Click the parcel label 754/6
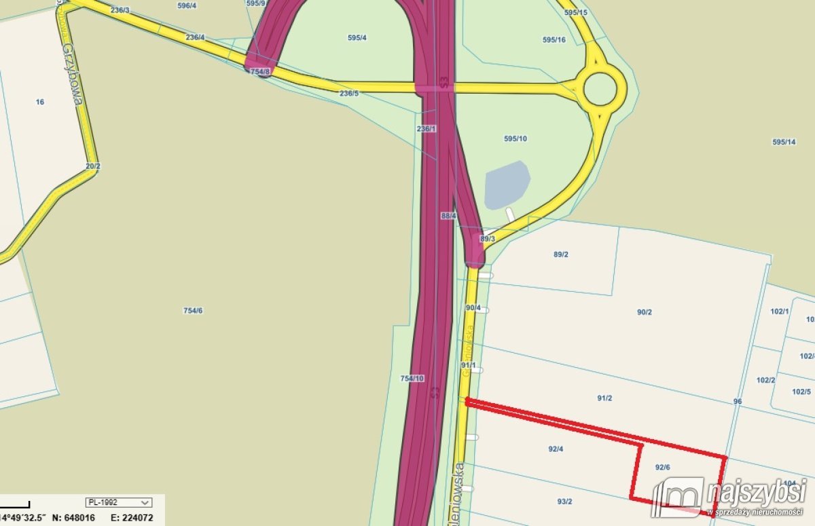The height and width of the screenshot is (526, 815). click(193, 311)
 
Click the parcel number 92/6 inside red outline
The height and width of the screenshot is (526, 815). click(663, 467)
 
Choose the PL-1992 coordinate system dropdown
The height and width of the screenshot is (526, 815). click(118, 502)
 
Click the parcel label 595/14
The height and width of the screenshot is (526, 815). click(784, 142)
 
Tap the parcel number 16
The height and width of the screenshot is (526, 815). click(40, 102)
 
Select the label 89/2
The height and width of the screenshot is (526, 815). click(561, 255)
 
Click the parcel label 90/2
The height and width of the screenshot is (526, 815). click(645, 312)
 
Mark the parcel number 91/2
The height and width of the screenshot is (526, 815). click(604, 398)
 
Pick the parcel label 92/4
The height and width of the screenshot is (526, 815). click(556, 449)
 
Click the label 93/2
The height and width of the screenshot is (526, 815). click(564, 502)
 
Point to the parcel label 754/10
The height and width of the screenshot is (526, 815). click(412, 378)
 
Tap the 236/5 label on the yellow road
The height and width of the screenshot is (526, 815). click(349, 93)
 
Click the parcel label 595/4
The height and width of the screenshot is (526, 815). click(357, 38)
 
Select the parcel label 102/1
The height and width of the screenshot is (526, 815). click(780, 312)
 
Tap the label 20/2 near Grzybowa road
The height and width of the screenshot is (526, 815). click(93, 166)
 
